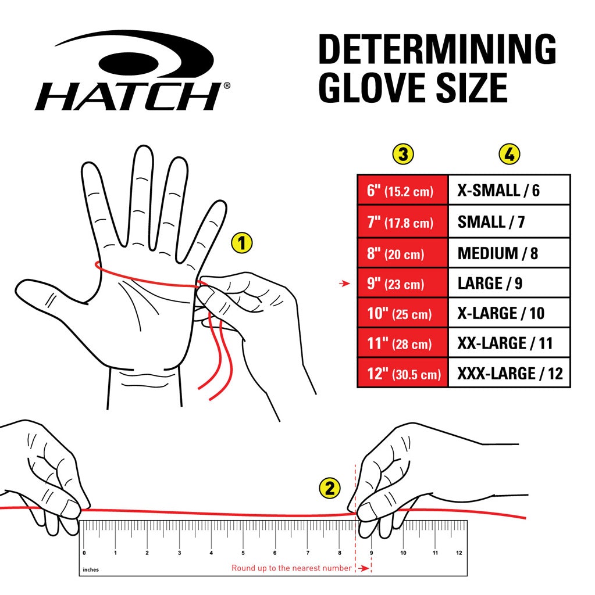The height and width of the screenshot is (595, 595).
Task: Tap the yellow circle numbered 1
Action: pos(242,243)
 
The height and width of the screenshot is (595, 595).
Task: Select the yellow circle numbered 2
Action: pos(330,489)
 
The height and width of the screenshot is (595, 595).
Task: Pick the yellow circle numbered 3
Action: pos(402,155)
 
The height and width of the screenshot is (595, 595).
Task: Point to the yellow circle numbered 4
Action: pos(509,155)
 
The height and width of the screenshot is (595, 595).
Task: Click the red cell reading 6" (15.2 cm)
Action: pos(402,190)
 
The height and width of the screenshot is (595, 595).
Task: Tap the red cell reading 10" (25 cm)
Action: pos(402,314)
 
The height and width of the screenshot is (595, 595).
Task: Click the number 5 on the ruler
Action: pos(243,553)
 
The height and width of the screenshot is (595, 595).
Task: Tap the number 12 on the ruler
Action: pos(459,553)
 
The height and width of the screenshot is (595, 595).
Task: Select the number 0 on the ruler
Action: pos(84,553)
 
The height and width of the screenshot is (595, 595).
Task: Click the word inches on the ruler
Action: pos(91,569)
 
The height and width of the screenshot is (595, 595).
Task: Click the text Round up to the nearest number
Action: pos(291,568)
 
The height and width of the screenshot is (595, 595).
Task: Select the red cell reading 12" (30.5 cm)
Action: pos(402,373)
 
